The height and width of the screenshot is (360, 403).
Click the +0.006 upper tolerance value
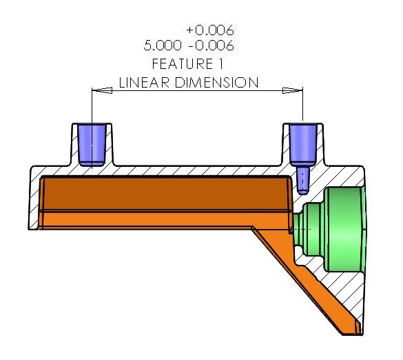pos(210,30)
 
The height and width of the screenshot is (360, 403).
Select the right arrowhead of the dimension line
pos(294,90)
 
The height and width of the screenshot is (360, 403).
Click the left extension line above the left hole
pos(92,107)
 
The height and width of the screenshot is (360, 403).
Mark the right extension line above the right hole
pos(303,107)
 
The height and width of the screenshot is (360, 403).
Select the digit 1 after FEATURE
pos(223,64)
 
